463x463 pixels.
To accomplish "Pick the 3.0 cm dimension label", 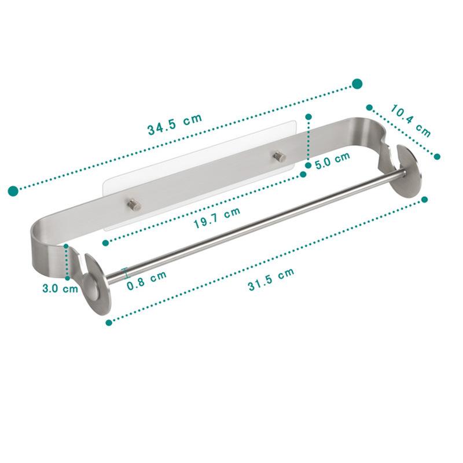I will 60,288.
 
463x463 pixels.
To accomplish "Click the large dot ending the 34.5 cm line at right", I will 357,84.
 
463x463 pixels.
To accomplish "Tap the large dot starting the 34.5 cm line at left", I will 13,190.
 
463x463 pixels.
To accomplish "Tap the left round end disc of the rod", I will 92,284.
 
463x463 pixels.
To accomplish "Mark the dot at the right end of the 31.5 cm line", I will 425,199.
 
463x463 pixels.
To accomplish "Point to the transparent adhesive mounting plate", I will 197,168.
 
